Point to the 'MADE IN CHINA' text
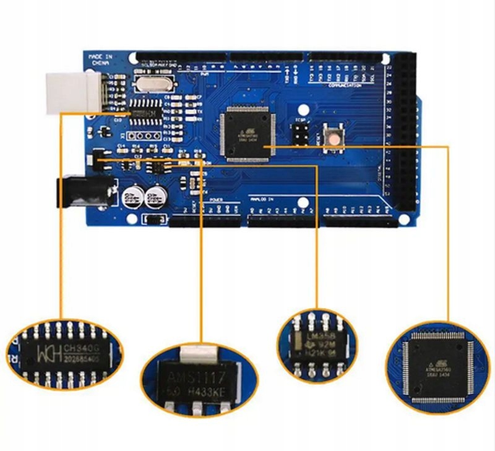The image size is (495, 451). tap(100, 59)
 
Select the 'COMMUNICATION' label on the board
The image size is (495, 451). tap(345, 85)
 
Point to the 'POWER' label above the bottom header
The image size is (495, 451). tap(216, 200)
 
